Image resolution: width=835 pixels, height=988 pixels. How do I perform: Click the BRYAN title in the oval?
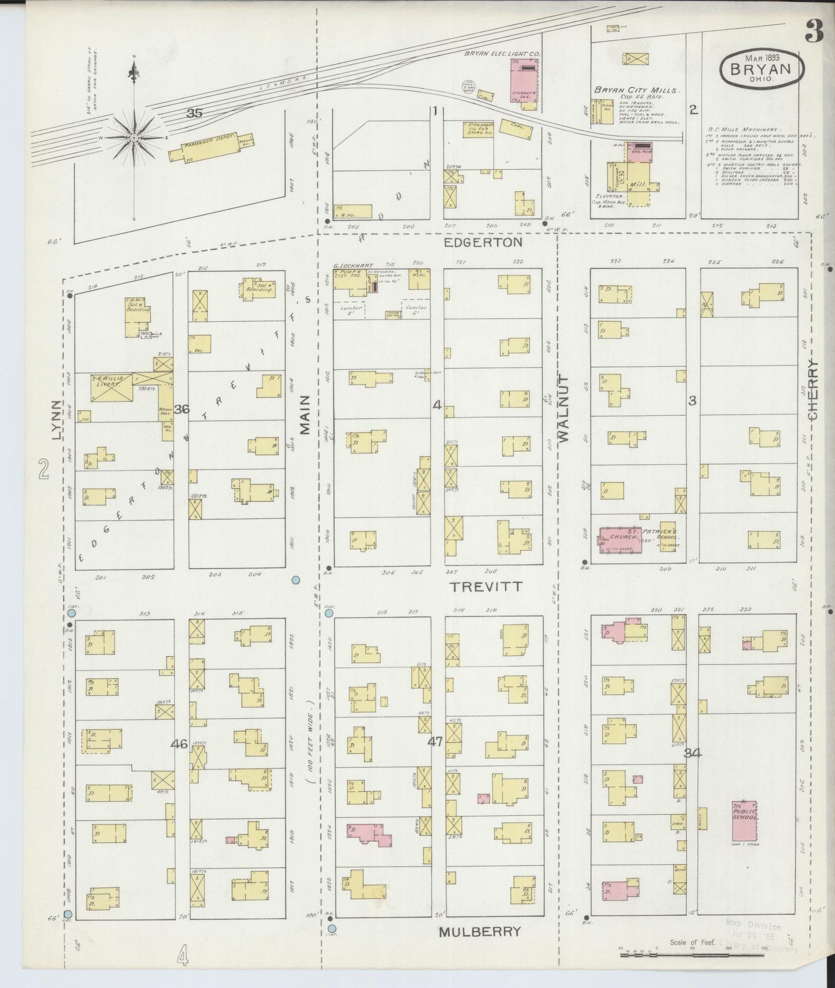(761, 69)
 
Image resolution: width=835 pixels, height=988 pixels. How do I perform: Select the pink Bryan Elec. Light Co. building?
(525, 79)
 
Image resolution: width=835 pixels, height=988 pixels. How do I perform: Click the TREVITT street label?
(486, 586)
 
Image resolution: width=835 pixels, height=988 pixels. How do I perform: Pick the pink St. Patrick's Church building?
(621, 540)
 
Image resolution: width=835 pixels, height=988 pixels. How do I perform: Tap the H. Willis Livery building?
(112, 387)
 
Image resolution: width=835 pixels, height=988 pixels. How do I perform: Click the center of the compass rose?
(134, 138)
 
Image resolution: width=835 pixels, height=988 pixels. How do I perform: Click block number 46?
(179, 744)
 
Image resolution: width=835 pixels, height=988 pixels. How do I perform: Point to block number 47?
(434, 741)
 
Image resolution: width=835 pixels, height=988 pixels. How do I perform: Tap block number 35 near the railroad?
(194, 114)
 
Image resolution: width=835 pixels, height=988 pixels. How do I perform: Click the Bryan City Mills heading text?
(637, 90)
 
